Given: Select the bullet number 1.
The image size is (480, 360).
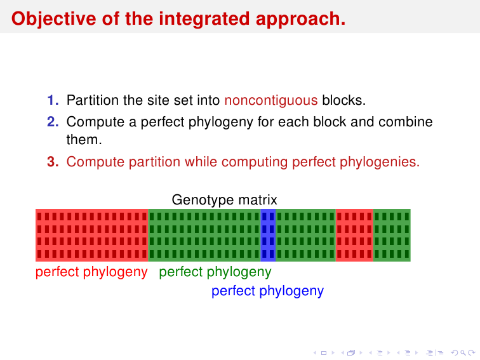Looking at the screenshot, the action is (x=53, y=100).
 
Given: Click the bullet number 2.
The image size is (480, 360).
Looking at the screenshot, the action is (x=53, y=121).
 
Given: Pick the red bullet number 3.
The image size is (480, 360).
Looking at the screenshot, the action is (x=53, y=162).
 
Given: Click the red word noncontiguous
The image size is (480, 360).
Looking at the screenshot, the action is (x=271, y=100).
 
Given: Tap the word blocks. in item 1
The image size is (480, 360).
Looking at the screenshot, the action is (x=343, y=100).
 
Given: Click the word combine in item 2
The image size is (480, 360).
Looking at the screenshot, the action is (x=405, y=121).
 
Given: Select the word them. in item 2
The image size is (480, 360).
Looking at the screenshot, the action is (x=84, y=140).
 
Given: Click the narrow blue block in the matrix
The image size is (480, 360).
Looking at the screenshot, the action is (x=268, y=235).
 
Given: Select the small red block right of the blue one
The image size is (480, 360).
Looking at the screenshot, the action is (x=354, y=235).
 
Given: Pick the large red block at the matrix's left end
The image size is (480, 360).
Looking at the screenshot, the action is (x=92, y=235).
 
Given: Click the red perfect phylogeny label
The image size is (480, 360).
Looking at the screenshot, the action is (x=91, y=272).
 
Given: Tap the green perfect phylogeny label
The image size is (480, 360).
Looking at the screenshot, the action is (x=215, y=272).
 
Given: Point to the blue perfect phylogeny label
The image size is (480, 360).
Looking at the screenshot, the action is (x=267, y=291).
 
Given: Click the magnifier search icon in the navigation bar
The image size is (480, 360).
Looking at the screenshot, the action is (x=463, y=353).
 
